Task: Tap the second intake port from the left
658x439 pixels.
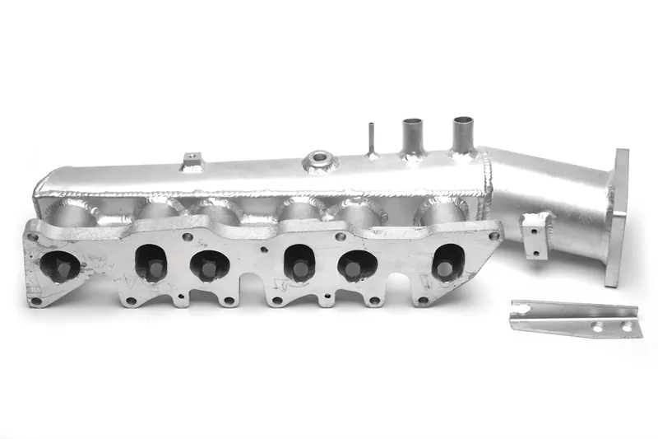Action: coord(151,263)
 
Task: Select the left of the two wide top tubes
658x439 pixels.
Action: coord(411,135)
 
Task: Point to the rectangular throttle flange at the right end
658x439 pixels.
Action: coord(618,217)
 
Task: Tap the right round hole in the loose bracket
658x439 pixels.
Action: coord(626,327)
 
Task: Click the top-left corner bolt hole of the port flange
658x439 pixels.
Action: coord(33,236)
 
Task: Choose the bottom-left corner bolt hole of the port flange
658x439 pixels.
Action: coord(35,301)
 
